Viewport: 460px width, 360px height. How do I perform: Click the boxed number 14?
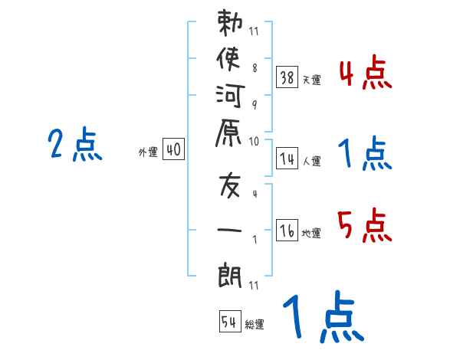(287, 159)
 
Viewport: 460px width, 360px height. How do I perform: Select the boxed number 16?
(287, 231)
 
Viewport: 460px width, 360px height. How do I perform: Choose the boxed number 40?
(173, 150)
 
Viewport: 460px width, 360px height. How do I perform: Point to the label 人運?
(311, 162)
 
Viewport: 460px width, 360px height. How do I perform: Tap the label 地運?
(311, 234)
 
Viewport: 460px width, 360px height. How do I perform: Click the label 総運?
(255, 325)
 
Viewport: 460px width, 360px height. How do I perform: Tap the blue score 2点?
(75, 145)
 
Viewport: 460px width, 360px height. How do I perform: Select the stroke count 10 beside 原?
(254, 141)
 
